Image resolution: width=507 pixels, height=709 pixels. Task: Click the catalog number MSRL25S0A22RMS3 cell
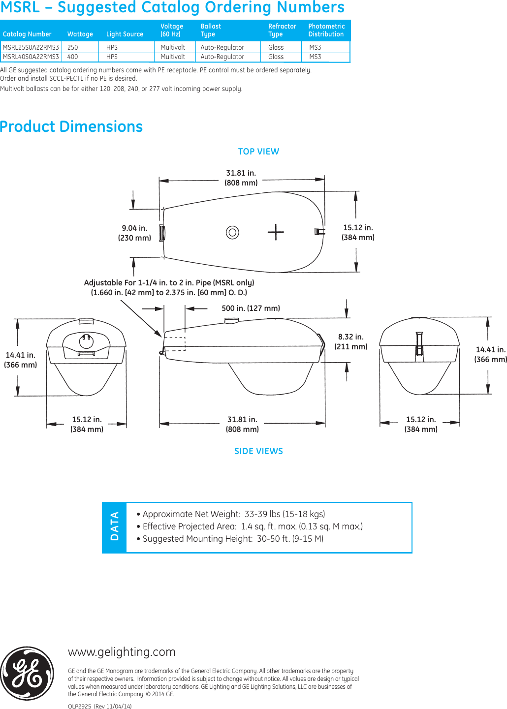click(31, 47)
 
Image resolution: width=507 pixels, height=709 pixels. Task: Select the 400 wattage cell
click(73, 57)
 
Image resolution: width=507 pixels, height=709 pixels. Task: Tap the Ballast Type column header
click(211, 30)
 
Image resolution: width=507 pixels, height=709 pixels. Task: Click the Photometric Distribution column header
click(326, 30)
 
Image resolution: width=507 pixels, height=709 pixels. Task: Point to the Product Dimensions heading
click(71, 126)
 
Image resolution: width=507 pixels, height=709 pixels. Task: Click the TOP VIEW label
click(258, 152)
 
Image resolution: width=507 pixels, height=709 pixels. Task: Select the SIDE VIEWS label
click(258, 451)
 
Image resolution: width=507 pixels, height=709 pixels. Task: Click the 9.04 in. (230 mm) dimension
click(134, 233)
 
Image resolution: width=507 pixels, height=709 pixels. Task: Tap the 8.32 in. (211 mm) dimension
click(351, 341)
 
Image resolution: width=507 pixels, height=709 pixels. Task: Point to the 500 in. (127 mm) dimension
click(251, 308)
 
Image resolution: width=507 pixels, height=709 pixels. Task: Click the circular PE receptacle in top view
click(232, 232)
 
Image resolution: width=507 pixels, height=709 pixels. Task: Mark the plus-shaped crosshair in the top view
click(276, 232)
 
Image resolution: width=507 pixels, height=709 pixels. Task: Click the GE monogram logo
click(27, 673)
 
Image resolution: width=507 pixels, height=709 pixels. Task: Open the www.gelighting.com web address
click(122, 652)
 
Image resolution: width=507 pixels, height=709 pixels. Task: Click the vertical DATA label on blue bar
click(115, 526)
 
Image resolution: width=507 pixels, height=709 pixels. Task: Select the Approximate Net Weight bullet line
click(231, 514)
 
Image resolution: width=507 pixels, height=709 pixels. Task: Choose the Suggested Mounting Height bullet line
click(230, 539)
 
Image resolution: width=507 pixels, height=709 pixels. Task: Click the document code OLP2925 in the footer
click(80, 706)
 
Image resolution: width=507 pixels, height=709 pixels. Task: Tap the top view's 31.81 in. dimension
click(241, 178)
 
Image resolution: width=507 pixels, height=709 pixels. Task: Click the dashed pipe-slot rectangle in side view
click(174, 343)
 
